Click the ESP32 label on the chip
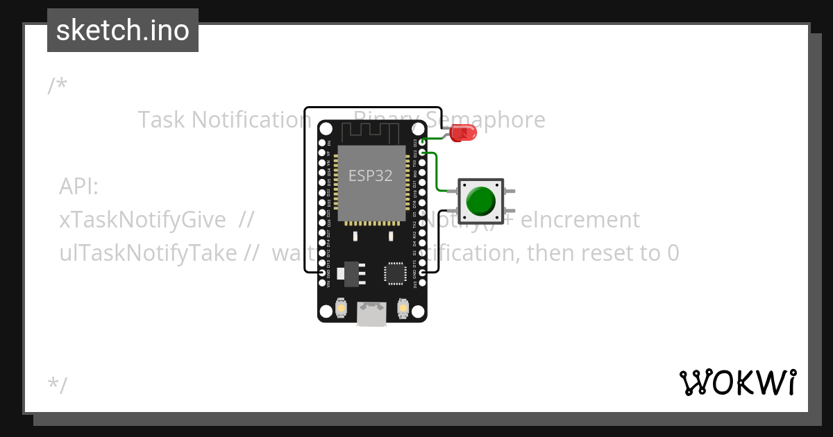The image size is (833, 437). tap(371, 175)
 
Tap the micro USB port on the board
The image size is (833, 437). tap(371, 314)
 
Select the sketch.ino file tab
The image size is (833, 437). tap(123, 31)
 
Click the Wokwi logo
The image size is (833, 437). tap(737, 382)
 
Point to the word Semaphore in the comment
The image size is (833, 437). tap(486, 119)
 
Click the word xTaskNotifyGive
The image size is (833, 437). tap(142, 220)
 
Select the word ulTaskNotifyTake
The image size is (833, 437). tap(148, 253)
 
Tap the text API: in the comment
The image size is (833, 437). tap(79, 187)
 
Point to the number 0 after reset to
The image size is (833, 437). tap(672, 253)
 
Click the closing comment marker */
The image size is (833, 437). tap(58, 385)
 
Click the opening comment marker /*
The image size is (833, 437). tap(58, 86)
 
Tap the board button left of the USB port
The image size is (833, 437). tap(341, 307)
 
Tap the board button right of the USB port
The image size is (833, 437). tap(402, 307)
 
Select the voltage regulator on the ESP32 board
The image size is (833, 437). tap(350, 273)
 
